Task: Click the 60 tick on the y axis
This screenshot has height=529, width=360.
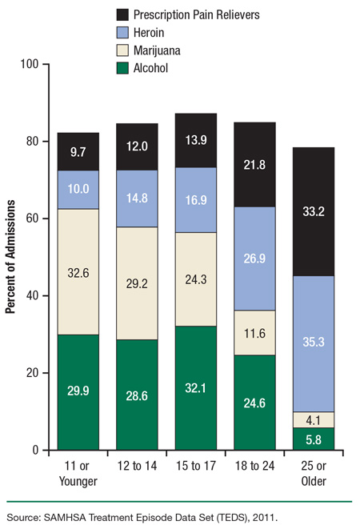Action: click(x=32, y=218)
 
